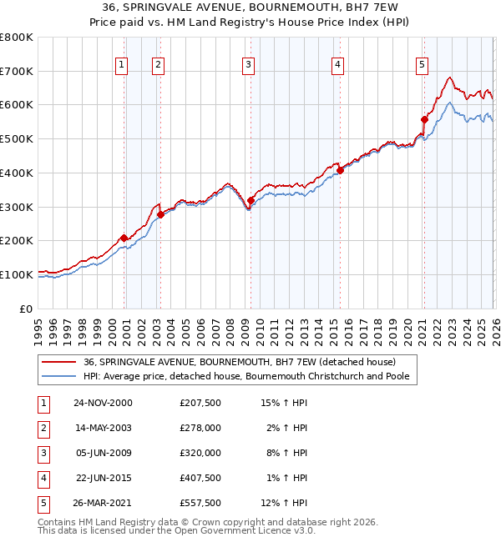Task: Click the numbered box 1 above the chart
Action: click(122, 64)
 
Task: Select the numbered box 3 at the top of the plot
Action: click(249, 64)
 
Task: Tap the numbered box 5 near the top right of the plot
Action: click(423, 64)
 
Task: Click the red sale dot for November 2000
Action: click(124, 238)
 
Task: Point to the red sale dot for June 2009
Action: click(250, 200)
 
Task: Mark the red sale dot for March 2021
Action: click(424, 119)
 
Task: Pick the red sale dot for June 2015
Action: click(340, 170)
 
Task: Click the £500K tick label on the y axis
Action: click(17, 139)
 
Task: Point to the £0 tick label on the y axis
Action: click(27, 309)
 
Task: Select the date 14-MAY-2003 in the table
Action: click(103, 428)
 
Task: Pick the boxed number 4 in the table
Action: click(43, 478)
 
